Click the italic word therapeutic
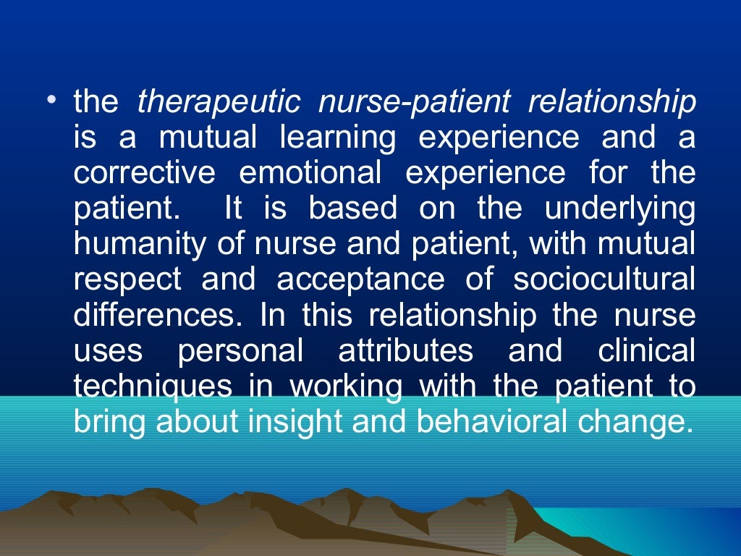[x=219, y=104]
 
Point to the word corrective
[x=144, y=174]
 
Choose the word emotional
[x=310, y=174]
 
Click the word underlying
[x=619, y=209]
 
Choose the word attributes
[x=405, y=351]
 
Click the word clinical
[x=646, y=351]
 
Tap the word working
[x=346, y=387]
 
